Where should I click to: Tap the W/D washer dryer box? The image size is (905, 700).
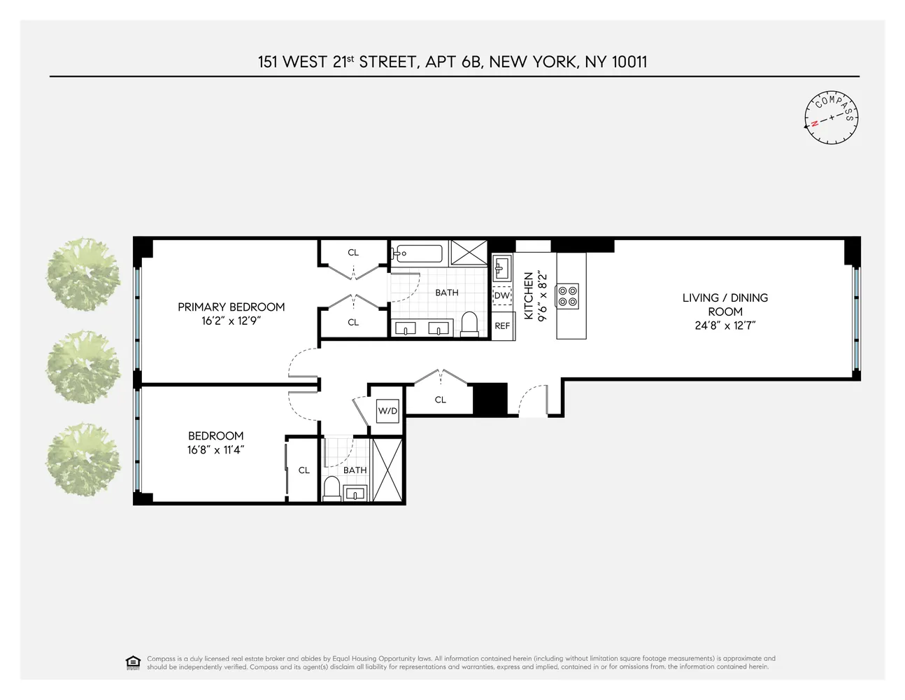click(x=387, y=411)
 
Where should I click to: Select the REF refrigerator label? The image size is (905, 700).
click(x=502, y=326)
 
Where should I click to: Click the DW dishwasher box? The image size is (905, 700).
click(x=502, y=295)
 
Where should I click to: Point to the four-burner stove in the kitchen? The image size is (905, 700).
click(x=567, y=296)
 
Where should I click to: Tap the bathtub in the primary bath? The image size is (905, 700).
click(x=418, y=253)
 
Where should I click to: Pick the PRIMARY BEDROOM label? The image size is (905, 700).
click(x=231, y=307)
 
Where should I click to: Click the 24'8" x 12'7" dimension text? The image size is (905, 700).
click(x=725, y=325)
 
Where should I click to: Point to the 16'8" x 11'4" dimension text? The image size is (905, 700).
click(x=215, y=450)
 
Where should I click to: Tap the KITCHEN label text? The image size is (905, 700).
click(x=529, y=297)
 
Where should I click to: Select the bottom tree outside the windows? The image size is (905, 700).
click(x=83, y=458)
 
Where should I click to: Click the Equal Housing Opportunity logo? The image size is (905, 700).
click(x=132, y=662)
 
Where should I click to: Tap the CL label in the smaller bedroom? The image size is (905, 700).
click(x=304, y=470)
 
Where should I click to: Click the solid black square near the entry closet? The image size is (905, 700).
click(x=490, y=399)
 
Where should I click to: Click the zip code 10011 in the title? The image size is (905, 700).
click(x=629, y=62)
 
